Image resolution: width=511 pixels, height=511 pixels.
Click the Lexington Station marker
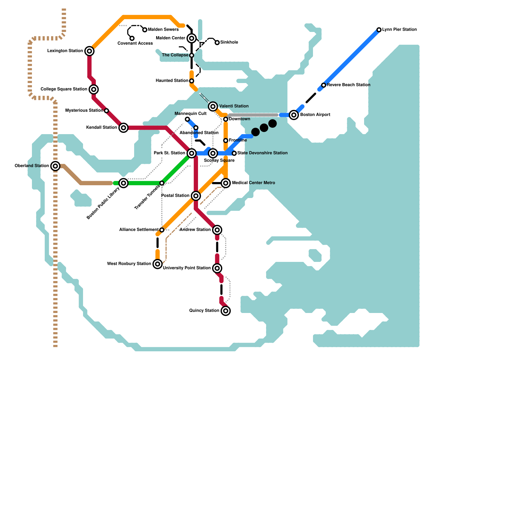coord(89,51)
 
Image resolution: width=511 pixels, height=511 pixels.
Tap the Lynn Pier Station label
coord(399,30)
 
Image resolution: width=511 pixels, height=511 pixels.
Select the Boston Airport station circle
coord(294,115)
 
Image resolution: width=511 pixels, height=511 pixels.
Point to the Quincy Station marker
coord(226,311)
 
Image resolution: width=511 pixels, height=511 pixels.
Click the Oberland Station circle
coord(55,166)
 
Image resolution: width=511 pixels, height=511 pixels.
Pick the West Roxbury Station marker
coord(157,264)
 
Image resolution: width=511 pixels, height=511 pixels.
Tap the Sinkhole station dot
coord(217,42)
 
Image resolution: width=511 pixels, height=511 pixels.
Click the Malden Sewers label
coord(163,30)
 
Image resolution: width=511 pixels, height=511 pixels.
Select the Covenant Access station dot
coord(132,38)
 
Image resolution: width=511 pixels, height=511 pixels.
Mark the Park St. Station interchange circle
coord(192,153)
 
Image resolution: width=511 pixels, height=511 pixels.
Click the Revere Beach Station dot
coord(324,85)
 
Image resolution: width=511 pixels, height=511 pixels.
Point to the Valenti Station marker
coord(213,106)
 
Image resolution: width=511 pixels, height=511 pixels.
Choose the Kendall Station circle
coord(124,128)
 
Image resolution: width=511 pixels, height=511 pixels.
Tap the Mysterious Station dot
coord(106,111)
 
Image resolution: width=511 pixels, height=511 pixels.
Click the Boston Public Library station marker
coord(124,183)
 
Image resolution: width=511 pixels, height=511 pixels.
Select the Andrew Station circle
coord(217,230)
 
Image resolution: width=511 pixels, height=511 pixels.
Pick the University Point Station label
coord(187,268)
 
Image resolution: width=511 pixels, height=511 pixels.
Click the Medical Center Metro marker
coord(226,183)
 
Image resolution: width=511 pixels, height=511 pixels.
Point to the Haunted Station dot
coord(192,81)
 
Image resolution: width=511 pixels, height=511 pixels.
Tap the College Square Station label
coord(64,89)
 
